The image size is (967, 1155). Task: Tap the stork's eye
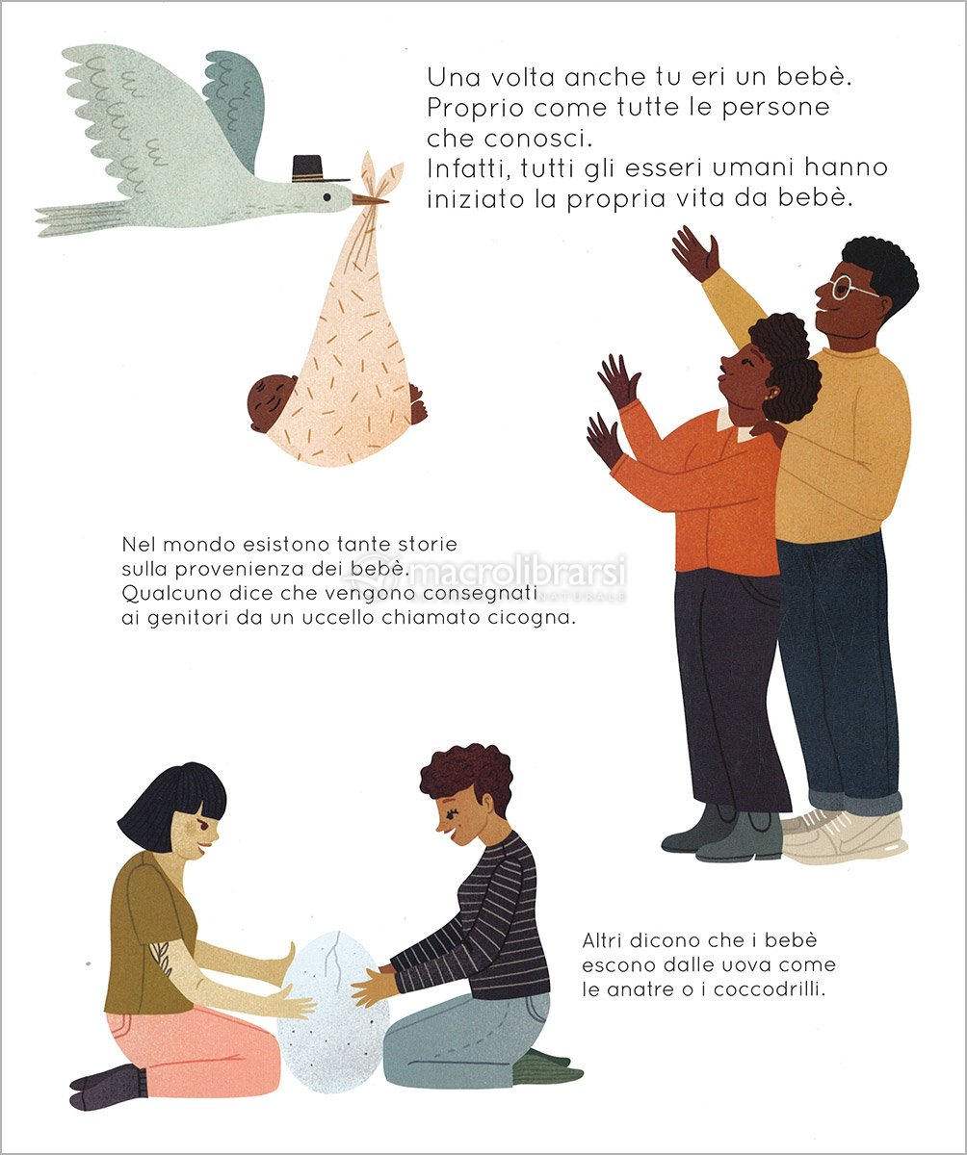327,196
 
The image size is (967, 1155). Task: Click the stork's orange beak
369,200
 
